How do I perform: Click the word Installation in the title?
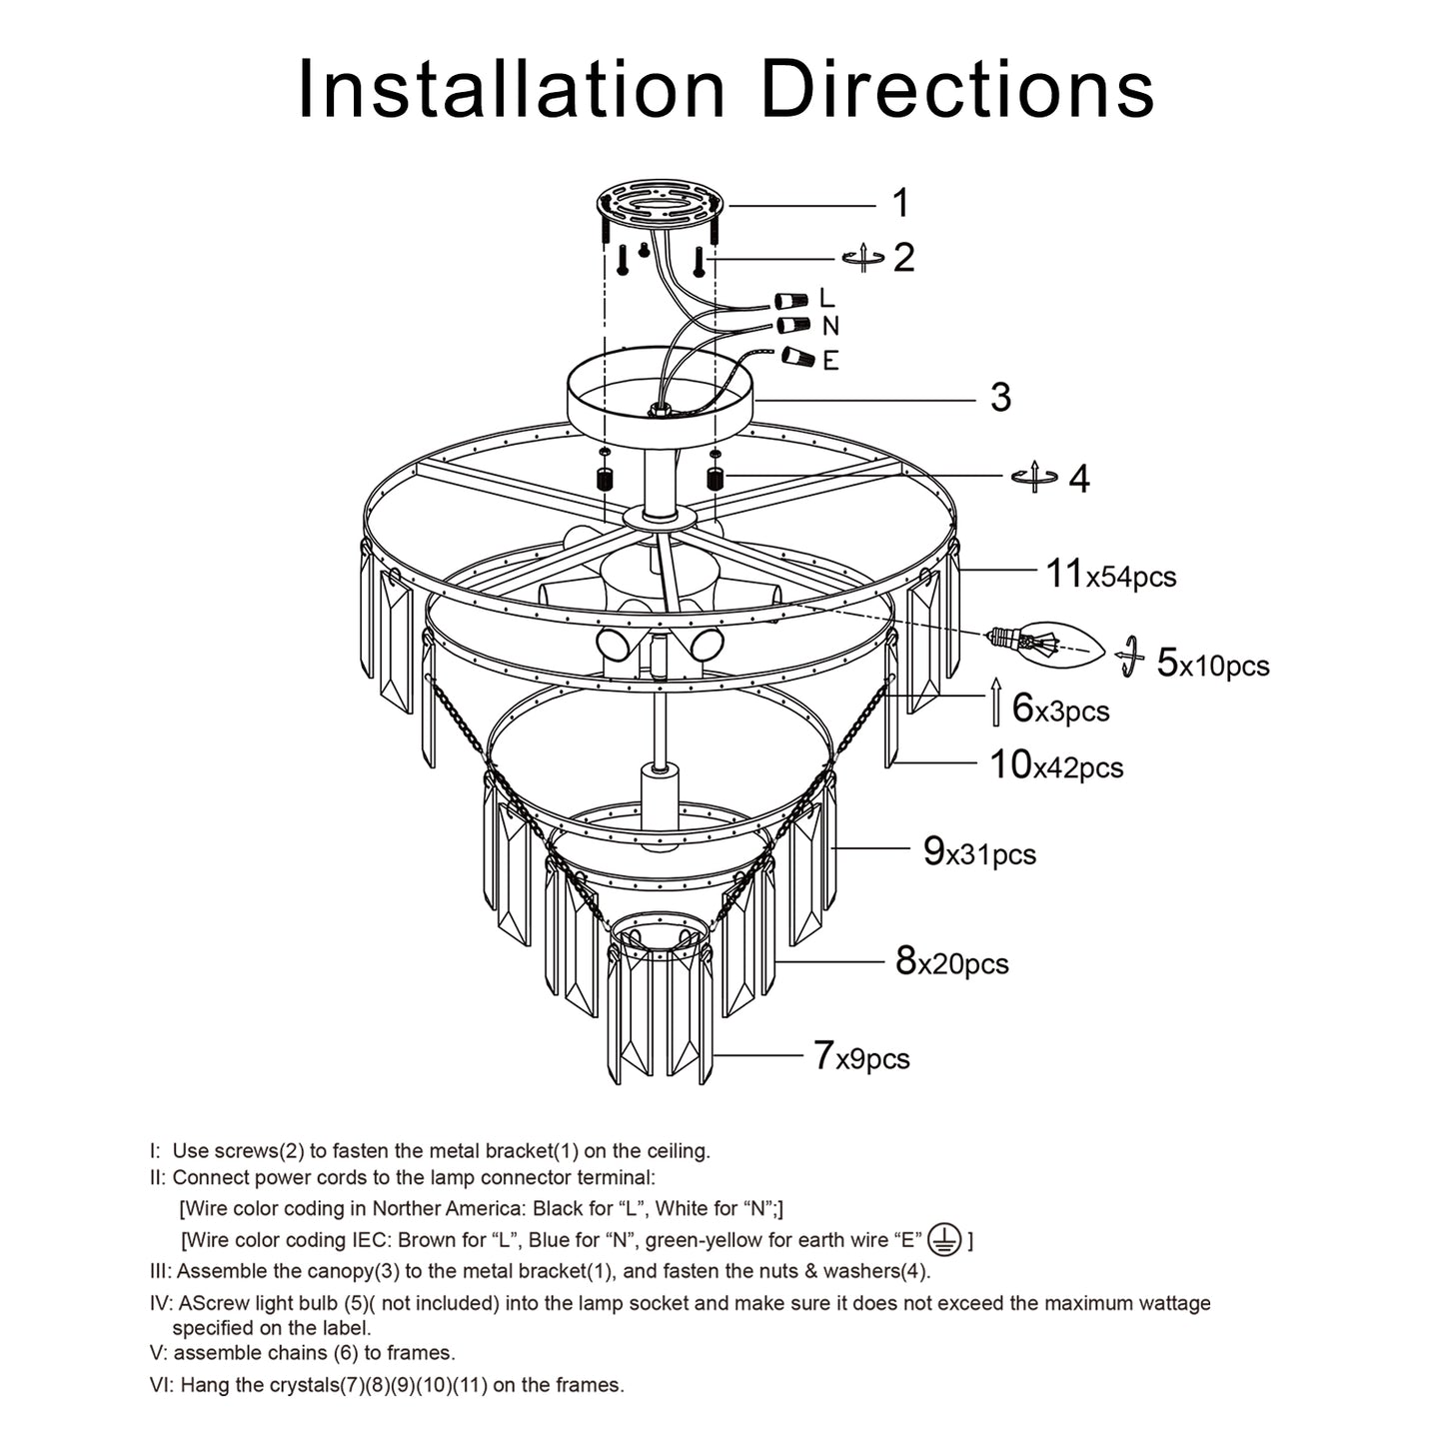point(511,90)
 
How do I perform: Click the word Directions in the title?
point(957,90)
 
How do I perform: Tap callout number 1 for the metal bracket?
point(900,203)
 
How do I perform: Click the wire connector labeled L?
point(794,299)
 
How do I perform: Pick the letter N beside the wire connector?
point(830,327)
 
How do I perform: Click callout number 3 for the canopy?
point(1000,398)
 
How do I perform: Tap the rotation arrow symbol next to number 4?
point(1035,478)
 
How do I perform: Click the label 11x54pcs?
point(1110,575)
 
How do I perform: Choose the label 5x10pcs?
point(1212,664)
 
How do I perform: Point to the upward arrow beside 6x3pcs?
point(995,702)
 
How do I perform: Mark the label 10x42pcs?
point(1056,765)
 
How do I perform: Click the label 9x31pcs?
point(979,852)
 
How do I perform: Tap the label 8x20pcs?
point(951,962)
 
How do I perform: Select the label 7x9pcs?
point(860,1056)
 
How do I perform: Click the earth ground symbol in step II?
point(944,1239)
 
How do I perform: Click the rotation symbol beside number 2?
point(863,258)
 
